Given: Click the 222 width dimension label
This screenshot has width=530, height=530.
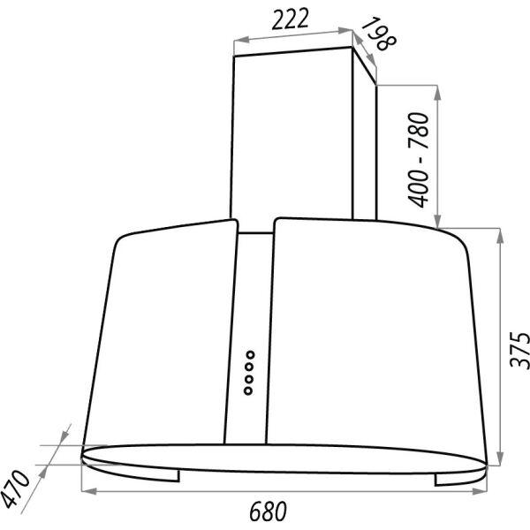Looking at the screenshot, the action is [x=291, y=19].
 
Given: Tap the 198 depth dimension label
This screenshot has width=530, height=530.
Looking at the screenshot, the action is [x=379, y=34].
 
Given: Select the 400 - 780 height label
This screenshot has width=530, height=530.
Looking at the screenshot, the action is [x=418, y=160].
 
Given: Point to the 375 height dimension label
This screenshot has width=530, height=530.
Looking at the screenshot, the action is [x=519, y=350].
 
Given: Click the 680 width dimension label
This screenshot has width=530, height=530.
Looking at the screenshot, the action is [x=268, y=511].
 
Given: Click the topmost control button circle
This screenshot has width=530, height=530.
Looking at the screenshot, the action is [x=250, y=355].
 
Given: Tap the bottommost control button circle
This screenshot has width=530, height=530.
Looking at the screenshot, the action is [x=248, y=391].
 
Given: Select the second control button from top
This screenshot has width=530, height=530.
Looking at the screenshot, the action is [x=249, y=367].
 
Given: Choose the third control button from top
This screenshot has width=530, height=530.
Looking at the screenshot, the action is [x=249, y=379].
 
